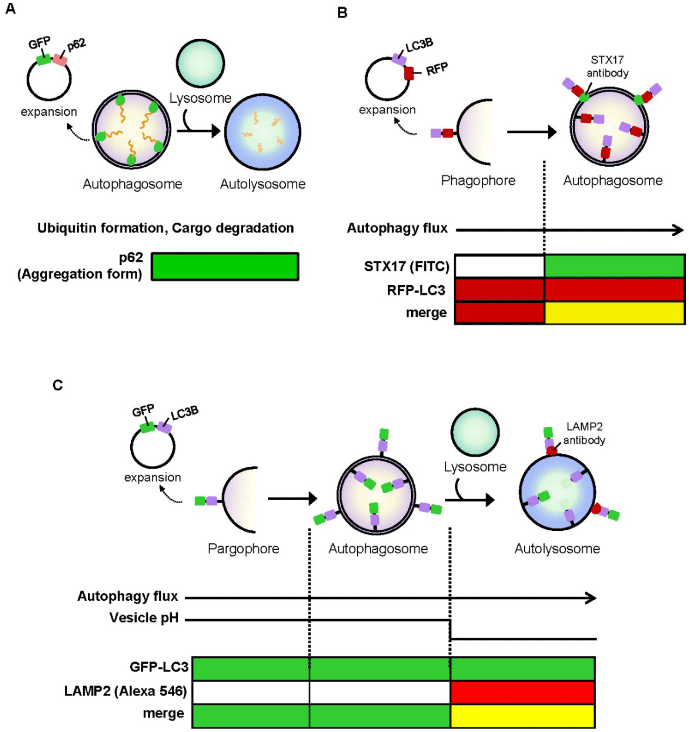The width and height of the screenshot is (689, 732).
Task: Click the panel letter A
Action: [10, 8]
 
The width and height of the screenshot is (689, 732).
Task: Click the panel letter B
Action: [342, 13]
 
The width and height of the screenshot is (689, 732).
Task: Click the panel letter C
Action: [57, 385]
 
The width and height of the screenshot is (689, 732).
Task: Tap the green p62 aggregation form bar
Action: [225, 267]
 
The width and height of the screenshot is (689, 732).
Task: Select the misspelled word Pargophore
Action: [243, 549]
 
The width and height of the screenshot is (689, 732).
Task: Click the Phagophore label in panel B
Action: [478, 181]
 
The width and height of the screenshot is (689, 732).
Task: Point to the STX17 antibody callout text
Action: [607, 66]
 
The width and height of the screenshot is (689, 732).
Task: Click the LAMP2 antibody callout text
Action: [584, 433]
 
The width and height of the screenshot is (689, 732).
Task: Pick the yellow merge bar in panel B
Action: [614, 313]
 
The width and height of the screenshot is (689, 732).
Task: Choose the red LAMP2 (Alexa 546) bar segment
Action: [522, 692]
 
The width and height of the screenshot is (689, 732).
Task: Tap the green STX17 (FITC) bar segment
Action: [614, 266]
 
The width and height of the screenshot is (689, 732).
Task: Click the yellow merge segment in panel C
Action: [522, 715]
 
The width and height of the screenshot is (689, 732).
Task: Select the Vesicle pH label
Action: [144, 618]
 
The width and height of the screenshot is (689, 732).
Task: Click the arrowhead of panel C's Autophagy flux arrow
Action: [592, 598]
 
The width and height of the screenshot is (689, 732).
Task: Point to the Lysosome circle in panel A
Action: [201, 63]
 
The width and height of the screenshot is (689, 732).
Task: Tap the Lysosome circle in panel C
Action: [475, 432]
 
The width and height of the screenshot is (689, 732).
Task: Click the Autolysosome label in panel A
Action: [262, 184]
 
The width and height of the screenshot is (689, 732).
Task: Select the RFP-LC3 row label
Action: [416, 290]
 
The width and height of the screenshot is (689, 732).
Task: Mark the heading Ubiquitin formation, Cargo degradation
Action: [166, 228]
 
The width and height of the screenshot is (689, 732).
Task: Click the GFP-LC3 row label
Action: [159, 667]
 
